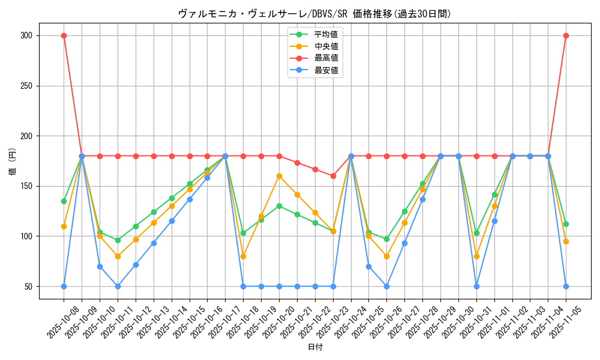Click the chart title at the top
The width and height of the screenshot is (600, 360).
(314, 13)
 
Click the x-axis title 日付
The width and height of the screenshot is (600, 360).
(315, 347)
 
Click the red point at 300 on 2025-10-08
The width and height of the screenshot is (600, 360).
(64, 35)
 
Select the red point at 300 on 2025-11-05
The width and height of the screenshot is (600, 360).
(566, 35)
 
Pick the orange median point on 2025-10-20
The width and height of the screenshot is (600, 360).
(279, 176)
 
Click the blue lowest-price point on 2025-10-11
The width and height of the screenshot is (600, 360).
(118, 286)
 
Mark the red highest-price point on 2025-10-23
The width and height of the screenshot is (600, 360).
(333, 176)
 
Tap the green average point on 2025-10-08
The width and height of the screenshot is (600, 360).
(64, 201)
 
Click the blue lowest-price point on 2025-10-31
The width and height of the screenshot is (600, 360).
(476, 286)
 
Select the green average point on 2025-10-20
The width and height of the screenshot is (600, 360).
(279, 206)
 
